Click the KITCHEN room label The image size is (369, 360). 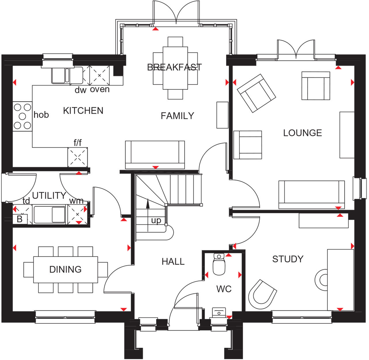[83, 111]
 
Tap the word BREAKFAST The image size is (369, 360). [174, 67]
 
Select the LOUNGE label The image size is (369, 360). [302, 133]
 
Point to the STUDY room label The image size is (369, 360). [288, 259]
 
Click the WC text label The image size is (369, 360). [224, 289]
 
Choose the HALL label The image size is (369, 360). [173, 262]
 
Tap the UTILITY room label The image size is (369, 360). [49, 196]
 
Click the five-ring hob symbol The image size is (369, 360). [22, 116]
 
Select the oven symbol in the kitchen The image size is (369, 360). [99, 75]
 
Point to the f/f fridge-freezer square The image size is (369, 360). [78, 157]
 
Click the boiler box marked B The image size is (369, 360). [20, 219]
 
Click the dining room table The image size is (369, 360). [65, 270]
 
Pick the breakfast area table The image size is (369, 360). [175, 68]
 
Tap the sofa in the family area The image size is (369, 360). [155, 154]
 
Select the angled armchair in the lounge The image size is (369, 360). [256, 93]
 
